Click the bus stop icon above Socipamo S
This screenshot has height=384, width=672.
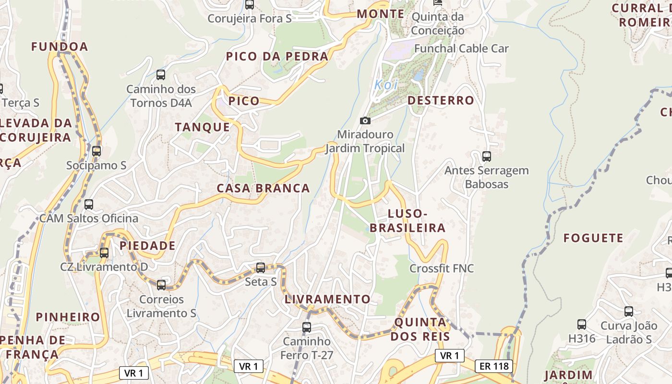click(x=96, y=151)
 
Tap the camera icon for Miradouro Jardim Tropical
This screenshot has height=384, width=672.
click(x=365, y=120)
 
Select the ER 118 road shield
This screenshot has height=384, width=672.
click(x=494, y=366)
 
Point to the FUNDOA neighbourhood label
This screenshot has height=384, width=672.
click(x=60, y=47)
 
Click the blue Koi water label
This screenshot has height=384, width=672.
click(x=386, y=85)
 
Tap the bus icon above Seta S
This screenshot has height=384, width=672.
click(x=261, y=268)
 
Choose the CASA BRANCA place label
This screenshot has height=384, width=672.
click(x=263, y=188)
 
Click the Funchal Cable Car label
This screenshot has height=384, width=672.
click(x=461, y=48)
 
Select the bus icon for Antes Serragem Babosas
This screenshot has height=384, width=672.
click(x=487, y=156)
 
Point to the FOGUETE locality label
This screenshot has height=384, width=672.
click(x=593, y=238)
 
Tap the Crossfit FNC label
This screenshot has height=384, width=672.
click(x=442, y=268)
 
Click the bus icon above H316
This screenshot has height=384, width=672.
click(x=582, y=324)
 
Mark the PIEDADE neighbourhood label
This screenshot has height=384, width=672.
click(x=147, y=246)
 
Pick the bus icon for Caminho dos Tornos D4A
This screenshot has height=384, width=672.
click(x=161, y=75)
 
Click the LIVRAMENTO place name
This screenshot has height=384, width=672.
click(x=328, y=300)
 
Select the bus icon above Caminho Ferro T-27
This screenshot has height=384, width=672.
click(x=307, y=327)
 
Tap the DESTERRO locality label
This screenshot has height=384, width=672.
click(x=441, y=100)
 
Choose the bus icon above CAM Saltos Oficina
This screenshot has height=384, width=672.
click(x=89, y=204)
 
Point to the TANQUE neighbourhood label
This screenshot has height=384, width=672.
click(x=203, y=127)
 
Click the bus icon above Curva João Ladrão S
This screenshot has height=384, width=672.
click(x=629, y=312)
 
